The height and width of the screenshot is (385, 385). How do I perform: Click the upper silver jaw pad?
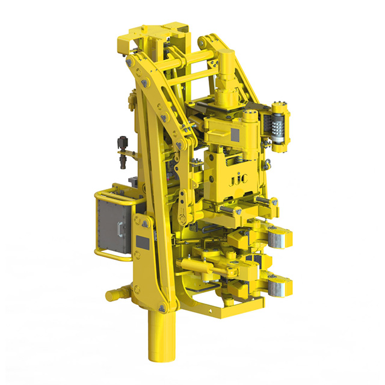click(x=280, y=237)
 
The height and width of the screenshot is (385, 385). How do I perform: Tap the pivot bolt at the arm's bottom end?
click(x=162, y=308)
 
